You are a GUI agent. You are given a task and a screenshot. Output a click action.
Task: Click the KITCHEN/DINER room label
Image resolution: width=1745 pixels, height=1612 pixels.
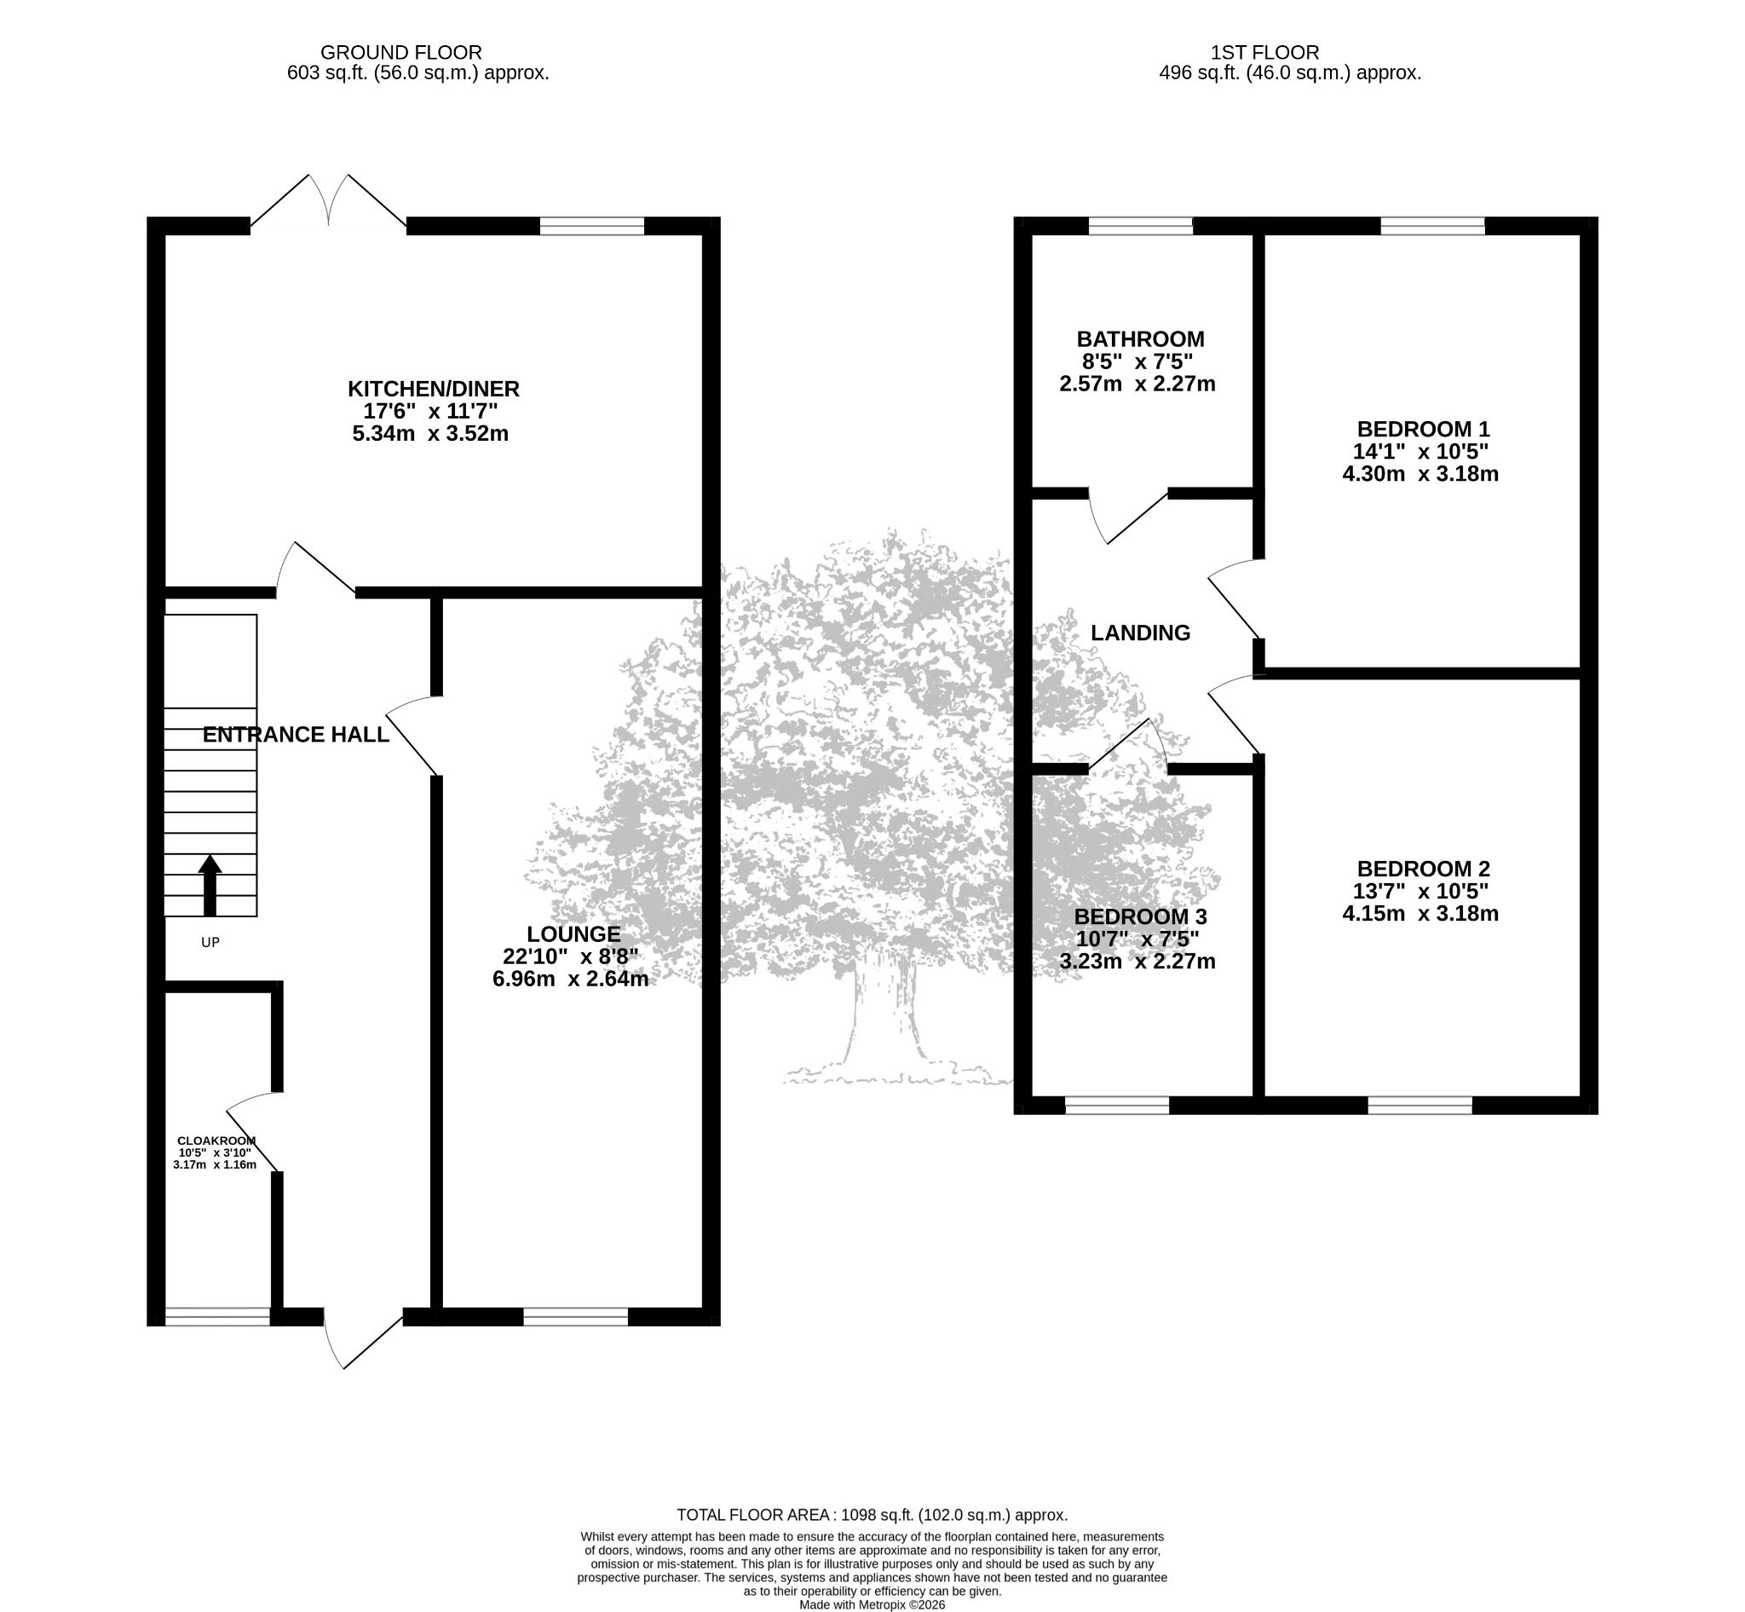point(434,388)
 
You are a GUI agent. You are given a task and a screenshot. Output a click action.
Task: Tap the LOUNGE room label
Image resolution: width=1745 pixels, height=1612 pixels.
point(573,934)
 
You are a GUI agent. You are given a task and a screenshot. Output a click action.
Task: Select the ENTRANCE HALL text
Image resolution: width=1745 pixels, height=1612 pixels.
point(296,735)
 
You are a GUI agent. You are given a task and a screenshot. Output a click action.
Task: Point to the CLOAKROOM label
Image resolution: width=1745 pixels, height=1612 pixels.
point(216,1141)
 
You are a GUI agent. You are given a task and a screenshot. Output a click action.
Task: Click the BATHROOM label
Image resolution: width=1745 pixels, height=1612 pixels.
point(1141,338)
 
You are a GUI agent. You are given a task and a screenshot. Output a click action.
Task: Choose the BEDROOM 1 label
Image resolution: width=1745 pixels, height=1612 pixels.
point(1423,429)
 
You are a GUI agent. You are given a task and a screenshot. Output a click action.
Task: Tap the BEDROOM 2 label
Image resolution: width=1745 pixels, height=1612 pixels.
point(1423,869)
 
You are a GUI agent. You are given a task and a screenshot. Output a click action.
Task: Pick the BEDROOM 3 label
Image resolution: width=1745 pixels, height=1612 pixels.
point(1140,916)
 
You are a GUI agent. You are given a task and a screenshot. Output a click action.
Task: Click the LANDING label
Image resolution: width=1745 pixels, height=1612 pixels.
point(1140,633)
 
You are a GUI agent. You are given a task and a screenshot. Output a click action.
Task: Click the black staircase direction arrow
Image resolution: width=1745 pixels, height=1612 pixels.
point(210,885)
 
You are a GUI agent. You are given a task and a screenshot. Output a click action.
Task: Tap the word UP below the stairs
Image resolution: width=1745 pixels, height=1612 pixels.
point(210,942)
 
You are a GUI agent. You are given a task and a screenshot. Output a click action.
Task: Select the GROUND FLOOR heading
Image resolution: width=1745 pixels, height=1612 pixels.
point(401,53)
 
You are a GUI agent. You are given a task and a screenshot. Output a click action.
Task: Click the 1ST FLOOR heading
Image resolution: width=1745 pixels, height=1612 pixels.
point(1264,53)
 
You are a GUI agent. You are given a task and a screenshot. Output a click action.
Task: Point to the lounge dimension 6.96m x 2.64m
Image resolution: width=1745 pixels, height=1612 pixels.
point(570,979)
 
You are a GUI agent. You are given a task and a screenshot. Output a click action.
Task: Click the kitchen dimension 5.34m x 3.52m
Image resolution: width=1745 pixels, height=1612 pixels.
point(430,434)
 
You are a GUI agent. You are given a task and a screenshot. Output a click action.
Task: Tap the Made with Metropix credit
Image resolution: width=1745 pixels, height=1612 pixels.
point(872,1604)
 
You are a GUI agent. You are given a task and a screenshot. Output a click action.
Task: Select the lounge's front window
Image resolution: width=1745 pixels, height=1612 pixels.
point(576,1316)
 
